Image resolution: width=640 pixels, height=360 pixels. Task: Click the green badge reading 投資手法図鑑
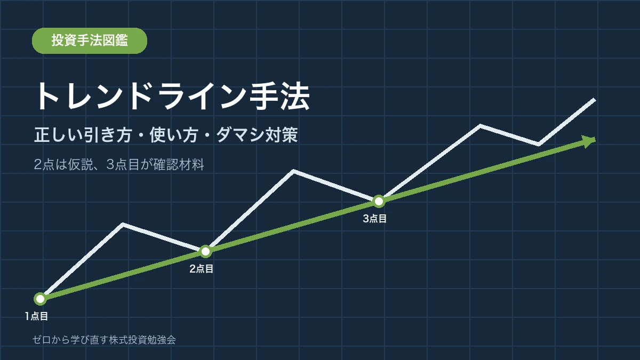(90, 41)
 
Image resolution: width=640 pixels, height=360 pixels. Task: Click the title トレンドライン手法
(172, 97)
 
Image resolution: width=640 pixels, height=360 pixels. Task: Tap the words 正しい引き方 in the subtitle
(83, 135)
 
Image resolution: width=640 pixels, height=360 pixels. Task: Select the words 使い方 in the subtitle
(174, 135)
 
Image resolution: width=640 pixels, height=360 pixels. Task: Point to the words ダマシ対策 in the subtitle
(257, 135)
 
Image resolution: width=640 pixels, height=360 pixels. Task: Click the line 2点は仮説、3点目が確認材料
(119, 164)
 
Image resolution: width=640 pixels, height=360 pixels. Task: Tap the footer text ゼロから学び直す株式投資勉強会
(104, 340)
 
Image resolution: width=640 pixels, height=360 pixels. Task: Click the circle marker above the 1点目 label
(41, 299)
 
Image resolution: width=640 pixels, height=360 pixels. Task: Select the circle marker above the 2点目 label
(205, 251)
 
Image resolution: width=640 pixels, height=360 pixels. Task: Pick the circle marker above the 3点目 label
(379, 202)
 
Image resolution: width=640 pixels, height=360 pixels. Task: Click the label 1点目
(36, 316)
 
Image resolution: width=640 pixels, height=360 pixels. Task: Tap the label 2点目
(202, 269)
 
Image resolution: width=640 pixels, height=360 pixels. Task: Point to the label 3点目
(374, 219)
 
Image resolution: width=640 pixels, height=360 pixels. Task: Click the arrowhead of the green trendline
(589, 141)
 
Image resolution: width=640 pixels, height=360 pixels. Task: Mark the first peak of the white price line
(123, 224)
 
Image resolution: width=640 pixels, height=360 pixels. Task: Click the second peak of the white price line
(293, 171)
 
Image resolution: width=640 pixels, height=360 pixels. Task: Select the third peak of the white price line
(480, 126)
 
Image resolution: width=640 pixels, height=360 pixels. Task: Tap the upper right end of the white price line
(595, 99)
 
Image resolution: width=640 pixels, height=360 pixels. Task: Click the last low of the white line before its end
(539, 145)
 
